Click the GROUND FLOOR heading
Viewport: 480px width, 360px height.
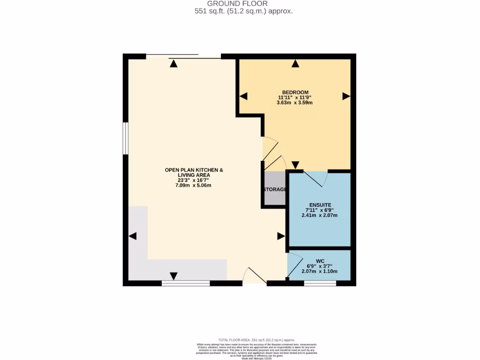click(x=244, y=4)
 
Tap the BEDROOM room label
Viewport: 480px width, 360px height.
click(x=295, y=92)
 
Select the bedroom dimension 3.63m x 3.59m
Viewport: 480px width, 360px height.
click(x=295, y=103)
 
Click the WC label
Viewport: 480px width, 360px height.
click(x=320, y=260)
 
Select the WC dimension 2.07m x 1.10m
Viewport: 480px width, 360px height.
click(x=320, y=271)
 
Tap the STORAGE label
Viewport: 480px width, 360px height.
click(x=275, y=189)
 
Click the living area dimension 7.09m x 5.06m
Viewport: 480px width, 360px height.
click(x=194, y=185)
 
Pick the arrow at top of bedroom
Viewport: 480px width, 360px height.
click(x=295, y=64)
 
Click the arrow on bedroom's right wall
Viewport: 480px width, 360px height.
click(x=346, y=96)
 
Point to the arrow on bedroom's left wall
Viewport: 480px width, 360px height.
click(x=243, y=96)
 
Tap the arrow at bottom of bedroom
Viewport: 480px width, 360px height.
click(x=295, y=165)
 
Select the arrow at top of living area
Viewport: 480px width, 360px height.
click(x=174, y=64)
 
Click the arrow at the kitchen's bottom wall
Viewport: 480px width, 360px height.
click(x=174, y=276)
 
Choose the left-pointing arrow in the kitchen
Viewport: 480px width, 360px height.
click(x=133, y=236)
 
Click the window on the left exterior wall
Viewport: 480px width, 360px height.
click(x=126, y=138)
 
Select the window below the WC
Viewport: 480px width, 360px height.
click(x=320, y=283)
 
